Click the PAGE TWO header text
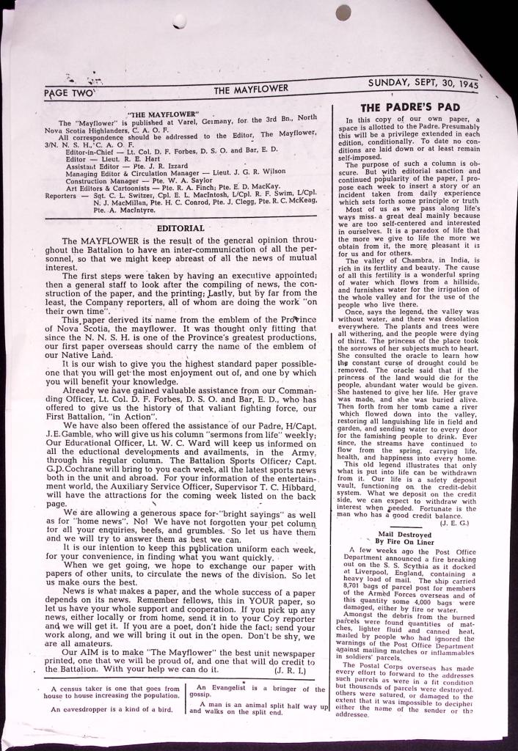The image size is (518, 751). pyautogui.click(x=69, y=93)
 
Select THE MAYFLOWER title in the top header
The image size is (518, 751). pyautogui.click(x=251, y=89)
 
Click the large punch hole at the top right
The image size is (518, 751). pyautogui.click(x=343, y=12)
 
